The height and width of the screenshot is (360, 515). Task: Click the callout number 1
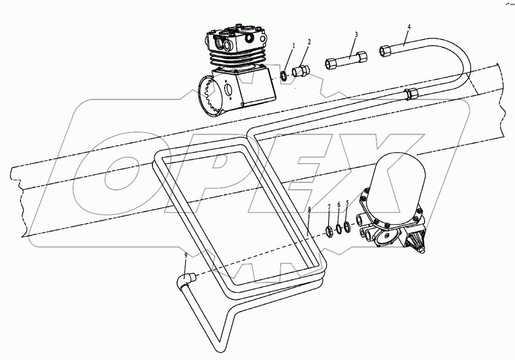[x=294, y=45]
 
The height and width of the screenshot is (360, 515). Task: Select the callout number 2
[x=309, y=41]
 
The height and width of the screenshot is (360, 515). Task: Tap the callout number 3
[x=356, y=34]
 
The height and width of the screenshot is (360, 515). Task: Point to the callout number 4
[x=409, y=27]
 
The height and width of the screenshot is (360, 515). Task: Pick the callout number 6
[x=339, y=204]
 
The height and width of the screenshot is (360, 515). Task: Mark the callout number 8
[x=309, y=211]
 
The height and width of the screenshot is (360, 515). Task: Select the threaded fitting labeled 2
[x=298, y=72]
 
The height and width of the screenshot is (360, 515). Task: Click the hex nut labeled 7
[x=328, y=230]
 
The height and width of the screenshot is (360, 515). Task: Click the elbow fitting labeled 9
[x=185, y=280]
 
